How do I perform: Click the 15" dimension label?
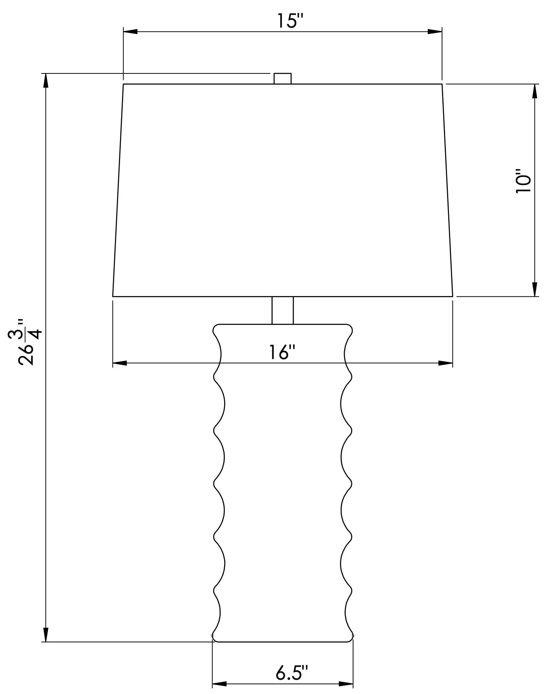pos(289,21)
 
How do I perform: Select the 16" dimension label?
pos(282,352)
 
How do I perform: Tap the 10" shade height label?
pos(523,181)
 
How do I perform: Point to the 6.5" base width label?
pos(292,673)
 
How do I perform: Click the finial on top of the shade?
pos(282,78)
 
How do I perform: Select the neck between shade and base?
pos(282,310)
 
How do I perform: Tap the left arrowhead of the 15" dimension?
pos(130,31)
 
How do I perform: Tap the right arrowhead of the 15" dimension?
pos(435,31)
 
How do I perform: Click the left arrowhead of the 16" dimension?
pos(120,363)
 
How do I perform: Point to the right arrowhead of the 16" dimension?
pos(446,363)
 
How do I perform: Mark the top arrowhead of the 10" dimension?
pos(535,91)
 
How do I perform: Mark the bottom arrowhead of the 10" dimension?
pos(535,289)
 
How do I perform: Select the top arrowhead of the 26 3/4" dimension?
pos(46,80)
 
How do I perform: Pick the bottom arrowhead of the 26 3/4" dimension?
pos(46,635)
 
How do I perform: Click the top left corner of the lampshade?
pos(124,84)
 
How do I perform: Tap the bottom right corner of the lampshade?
pos(453,296)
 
